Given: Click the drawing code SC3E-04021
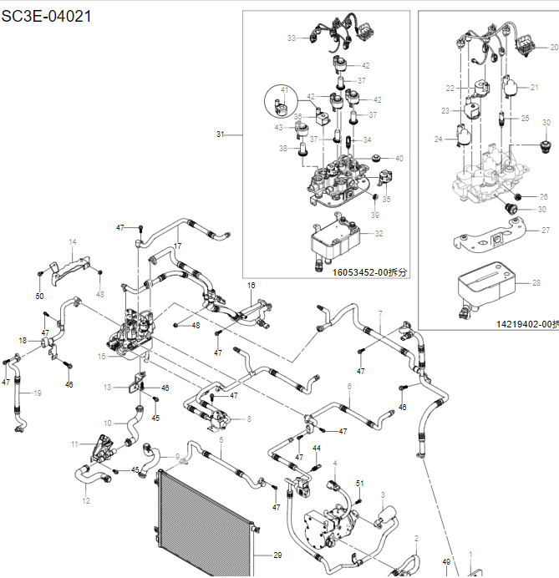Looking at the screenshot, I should (x=47, y=15).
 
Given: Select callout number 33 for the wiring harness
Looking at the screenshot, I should (x=292, y=38).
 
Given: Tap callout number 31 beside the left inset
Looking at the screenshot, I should (x=221, y=134).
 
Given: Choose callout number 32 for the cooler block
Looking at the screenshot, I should (x=379, y=233).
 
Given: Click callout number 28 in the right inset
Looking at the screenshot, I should (x=536, y=283).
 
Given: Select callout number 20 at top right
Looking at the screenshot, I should (x=554, y=48).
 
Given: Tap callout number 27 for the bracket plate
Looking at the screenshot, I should (x=546, y=230).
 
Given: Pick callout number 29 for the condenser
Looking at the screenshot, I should (x=277, y=555).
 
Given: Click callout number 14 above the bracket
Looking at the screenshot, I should (x=73, y=242).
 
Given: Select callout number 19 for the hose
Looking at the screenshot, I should (x=37, y=393).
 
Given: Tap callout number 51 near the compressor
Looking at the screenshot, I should (x=360, y=483).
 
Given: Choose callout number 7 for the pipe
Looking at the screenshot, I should (x=379, y=314).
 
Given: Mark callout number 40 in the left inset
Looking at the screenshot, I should (x=399, y=158).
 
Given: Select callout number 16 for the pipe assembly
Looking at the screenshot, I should (x=251, y=286).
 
